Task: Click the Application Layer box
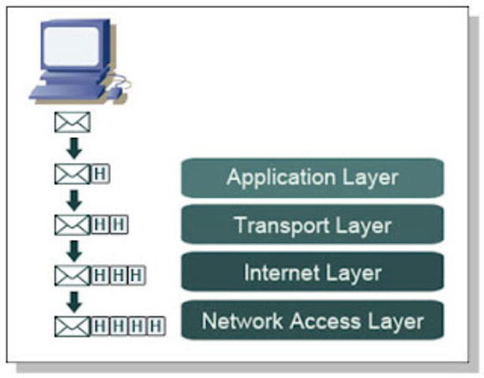coord(312,177)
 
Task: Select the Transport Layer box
coord(312,225)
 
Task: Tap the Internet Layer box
coord(312,273)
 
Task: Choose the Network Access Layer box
coord(312,321)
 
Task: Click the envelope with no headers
coord(72,122)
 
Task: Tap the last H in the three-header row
coord(137,276)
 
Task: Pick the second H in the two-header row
coord(119,225)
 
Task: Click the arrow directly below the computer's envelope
coord(73,148)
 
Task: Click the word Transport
coord(274,226)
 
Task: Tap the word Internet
coord(279,273)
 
